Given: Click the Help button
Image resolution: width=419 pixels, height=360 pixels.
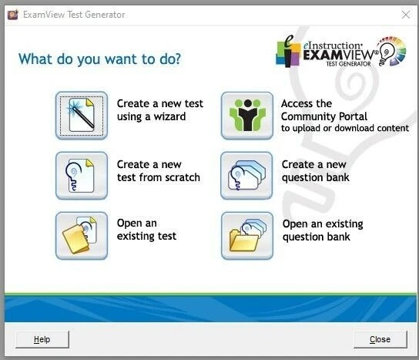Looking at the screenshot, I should pos(42,339).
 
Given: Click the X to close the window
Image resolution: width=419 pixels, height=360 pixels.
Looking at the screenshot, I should pos(405,14).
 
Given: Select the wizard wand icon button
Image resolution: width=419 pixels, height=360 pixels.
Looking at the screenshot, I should pos(81,116).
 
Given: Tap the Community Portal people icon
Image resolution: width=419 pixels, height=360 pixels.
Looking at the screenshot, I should pos(246,116).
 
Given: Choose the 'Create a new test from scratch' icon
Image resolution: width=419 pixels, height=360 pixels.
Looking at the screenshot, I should pos(81,176).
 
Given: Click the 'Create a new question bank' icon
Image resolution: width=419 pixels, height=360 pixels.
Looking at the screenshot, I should pos(246,176).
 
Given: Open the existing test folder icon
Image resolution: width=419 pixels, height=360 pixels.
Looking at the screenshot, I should pos(81,235).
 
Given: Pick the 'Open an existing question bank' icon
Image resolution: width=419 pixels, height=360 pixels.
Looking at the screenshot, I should pos(246,235).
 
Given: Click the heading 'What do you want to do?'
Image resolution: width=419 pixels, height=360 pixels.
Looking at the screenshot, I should pos(100,59).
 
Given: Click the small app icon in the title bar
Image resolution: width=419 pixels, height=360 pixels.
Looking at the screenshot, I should pos(12,15).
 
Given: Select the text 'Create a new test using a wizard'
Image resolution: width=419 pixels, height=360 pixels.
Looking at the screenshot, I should pos(159,110).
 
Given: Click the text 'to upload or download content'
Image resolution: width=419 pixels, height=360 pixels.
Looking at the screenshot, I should pos(344,129).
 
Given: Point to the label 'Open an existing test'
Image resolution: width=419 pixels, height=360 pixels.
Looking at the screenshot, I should pos(146,230).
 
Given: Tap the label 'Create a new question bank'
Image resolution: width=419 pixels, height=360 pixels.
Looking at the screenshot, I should pos(315,170).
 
